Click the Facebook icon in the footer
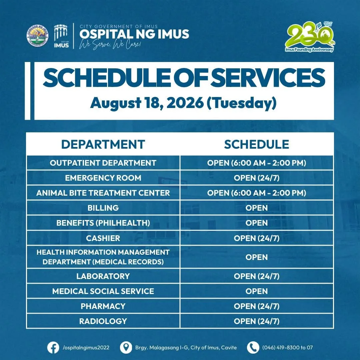pyautogui.click(x=53, y=348)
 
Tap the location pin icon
pyautogui.click(x=126, y=348)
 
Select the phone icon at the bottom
pyautogui.click(x=253, y=348)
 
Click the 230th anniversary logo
pyautogui.click(x=310, y=37)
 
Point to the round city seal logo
pyautogui.click(x=38, y=35)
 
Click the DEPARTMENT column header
pyautogui.click(x=103, y=144)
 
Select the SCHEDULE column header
pyautogui.click(x=256, y=144)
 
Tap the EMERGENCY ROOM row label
pyautogui.click(x=103, y=178)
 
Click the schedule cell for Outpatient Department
pyautogui.click(x=256, y=163)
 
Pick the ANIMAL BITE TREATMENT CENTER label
pyautogui.click(x=103, y=193)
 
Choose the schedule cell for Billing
pyautogui.click(x=256, y=208)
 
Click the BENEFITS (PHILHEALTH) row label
pyautogui.click(x=103, y=223)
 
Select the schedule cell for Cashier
pyautogui.click(x=256, y=238)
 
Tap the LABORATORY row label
pyautogui.click(x=103, y=276)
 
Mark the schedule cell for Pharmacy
pyautogui.click(x=256, y=306)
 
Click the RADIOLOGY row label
pyautogui.click(x=103, y=321)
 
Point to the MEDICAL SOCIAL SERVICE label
pyautogui.click(x=103, y=291)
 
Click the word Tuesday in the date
pyautogui.click(x=242, y=103)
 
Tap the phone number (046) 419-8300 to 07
pyautogui.click(x=287, y=348)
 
